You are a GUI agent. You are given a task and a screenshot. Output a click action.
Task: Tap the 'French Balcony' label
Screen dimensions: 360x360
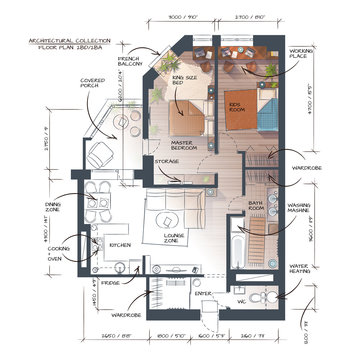(x=130, y=63)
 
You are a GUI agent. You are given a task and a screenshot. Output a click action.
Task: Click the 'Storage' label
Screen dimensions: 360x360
(x=167, y=159)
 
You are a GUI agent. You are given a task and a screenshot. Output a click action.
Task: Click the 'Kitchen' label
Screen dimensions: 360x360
(x=121, y=244)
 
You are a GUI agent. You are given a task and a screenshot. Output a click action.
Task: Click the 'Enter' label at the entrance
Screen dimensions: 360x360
(x=203, y=293)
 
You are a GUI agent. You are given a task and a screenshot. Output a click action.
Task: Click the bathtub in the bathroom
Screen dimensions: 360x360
(x=235, y=245)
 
